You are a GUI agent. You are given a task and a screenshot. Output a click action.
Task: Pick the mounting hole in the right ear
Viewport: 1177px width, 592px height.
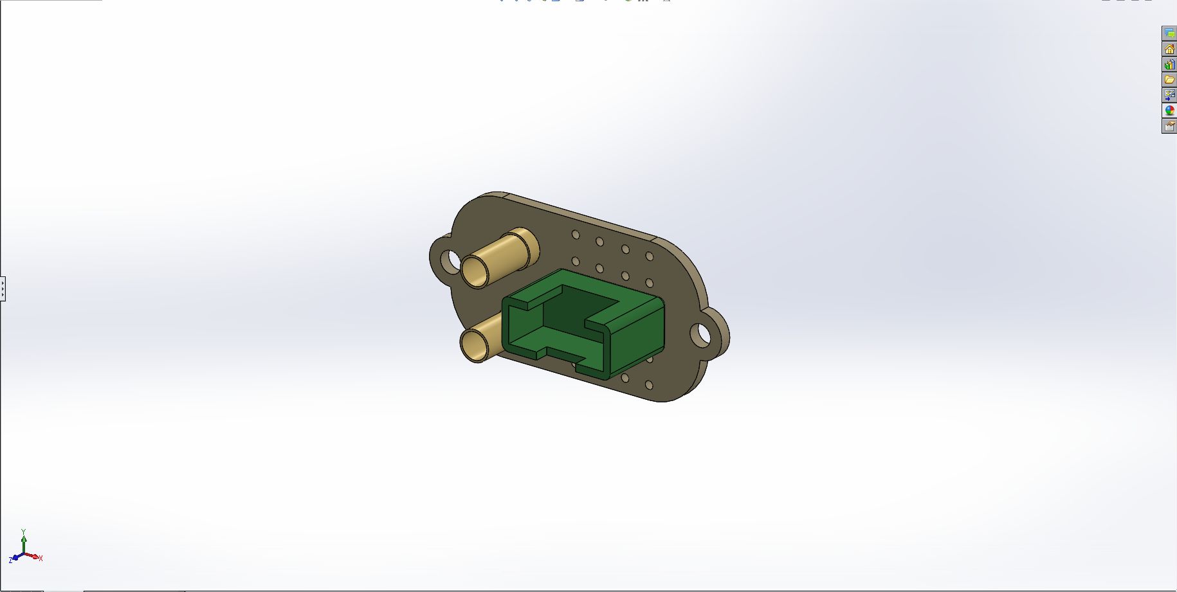[701, 334]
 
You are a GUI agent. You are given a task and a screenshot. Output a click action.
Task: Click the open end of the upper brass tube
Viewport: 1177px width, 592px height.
[477, 271]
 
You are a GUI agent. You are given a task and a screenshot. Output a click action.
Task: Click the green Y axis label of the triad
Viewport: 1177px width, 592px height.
[24, 532]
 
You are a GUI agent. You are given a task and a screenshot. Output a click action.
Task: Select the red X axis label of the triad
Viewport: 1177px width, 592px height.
[41, 558]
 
